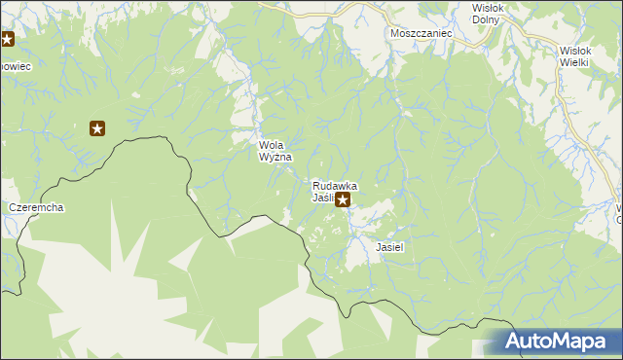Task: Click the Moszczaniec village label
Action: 421,33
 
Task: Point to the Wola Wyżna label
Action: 275,151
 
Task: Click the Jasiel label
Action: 389,247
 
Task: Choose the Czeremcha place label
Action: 36,208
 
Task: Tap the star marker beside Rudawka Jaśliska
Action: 342,198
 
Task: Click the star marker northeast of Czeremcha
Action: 97,127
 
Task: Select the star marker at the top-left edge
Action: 7,40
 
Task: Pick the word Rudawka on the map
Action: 334,185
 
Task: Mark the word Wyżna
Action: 275,157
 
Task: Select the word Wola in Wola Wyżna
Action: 273,145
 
